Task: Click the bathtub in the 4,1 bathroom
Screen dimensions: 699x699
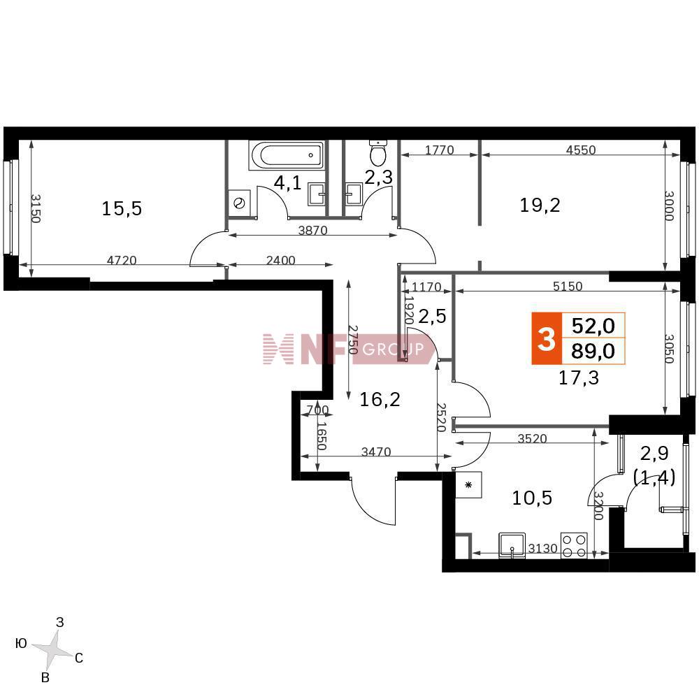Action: pyautogui.click(x=287, y=155)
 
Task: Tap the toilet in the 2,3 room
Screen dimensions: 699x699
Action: pyautogui.click(x=378, y=152)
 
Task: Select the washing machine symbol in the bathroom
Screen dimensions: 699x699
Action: pyautogui.click(x=240, y=203)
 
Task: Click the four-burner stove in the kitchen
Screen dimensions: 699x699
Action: pyautogui.click(x=574, y=546)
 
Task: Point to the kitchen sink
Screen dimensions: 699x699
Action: pyautogui.click(x=512, y=545)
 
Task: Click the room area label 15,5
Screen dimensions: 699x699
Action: pyautogui.click(x=122, y=208)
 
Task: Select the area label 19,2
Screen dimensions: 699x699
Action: pyautogui.click(x=540, y=205)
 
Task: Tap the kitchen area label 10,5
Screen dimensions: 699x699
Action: pyautogui.click(x=532, y=498)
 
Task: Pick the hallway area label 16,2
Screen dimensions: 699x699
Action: pyautogui.click(x=380, y=399)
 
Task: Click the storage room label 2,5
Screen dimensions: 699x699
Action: pyautogui.click(x=432, y=316)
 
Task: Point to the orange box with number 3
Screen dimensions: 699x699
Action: pyautogui.click(x=547, y=339)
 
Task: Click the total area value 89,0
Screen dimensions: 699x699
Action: pyautogui.click(x=593, y=352)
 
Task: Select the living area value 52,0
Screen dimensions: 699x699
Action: pyautogui.click(x=593, y=326)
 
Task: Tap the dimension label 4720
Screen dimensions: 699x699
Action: pyautogui.click(x=122, y=260)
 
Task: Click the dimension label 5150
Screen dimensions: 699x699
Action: pyautogui.click(x=568, y=286)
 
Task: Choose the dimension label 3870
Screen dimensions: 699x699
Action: pyautogui.click(x=312, y=230)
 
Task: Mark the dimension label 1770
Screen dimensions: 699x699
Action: pyautogui.click(x=439, y=150)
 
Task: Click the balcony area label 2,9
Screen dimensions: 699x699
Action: pyautogui.click(x=654, y=454)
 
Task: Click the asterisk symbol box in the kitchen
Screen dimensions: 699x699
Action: pyautogui.click(x=468, y=485)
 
